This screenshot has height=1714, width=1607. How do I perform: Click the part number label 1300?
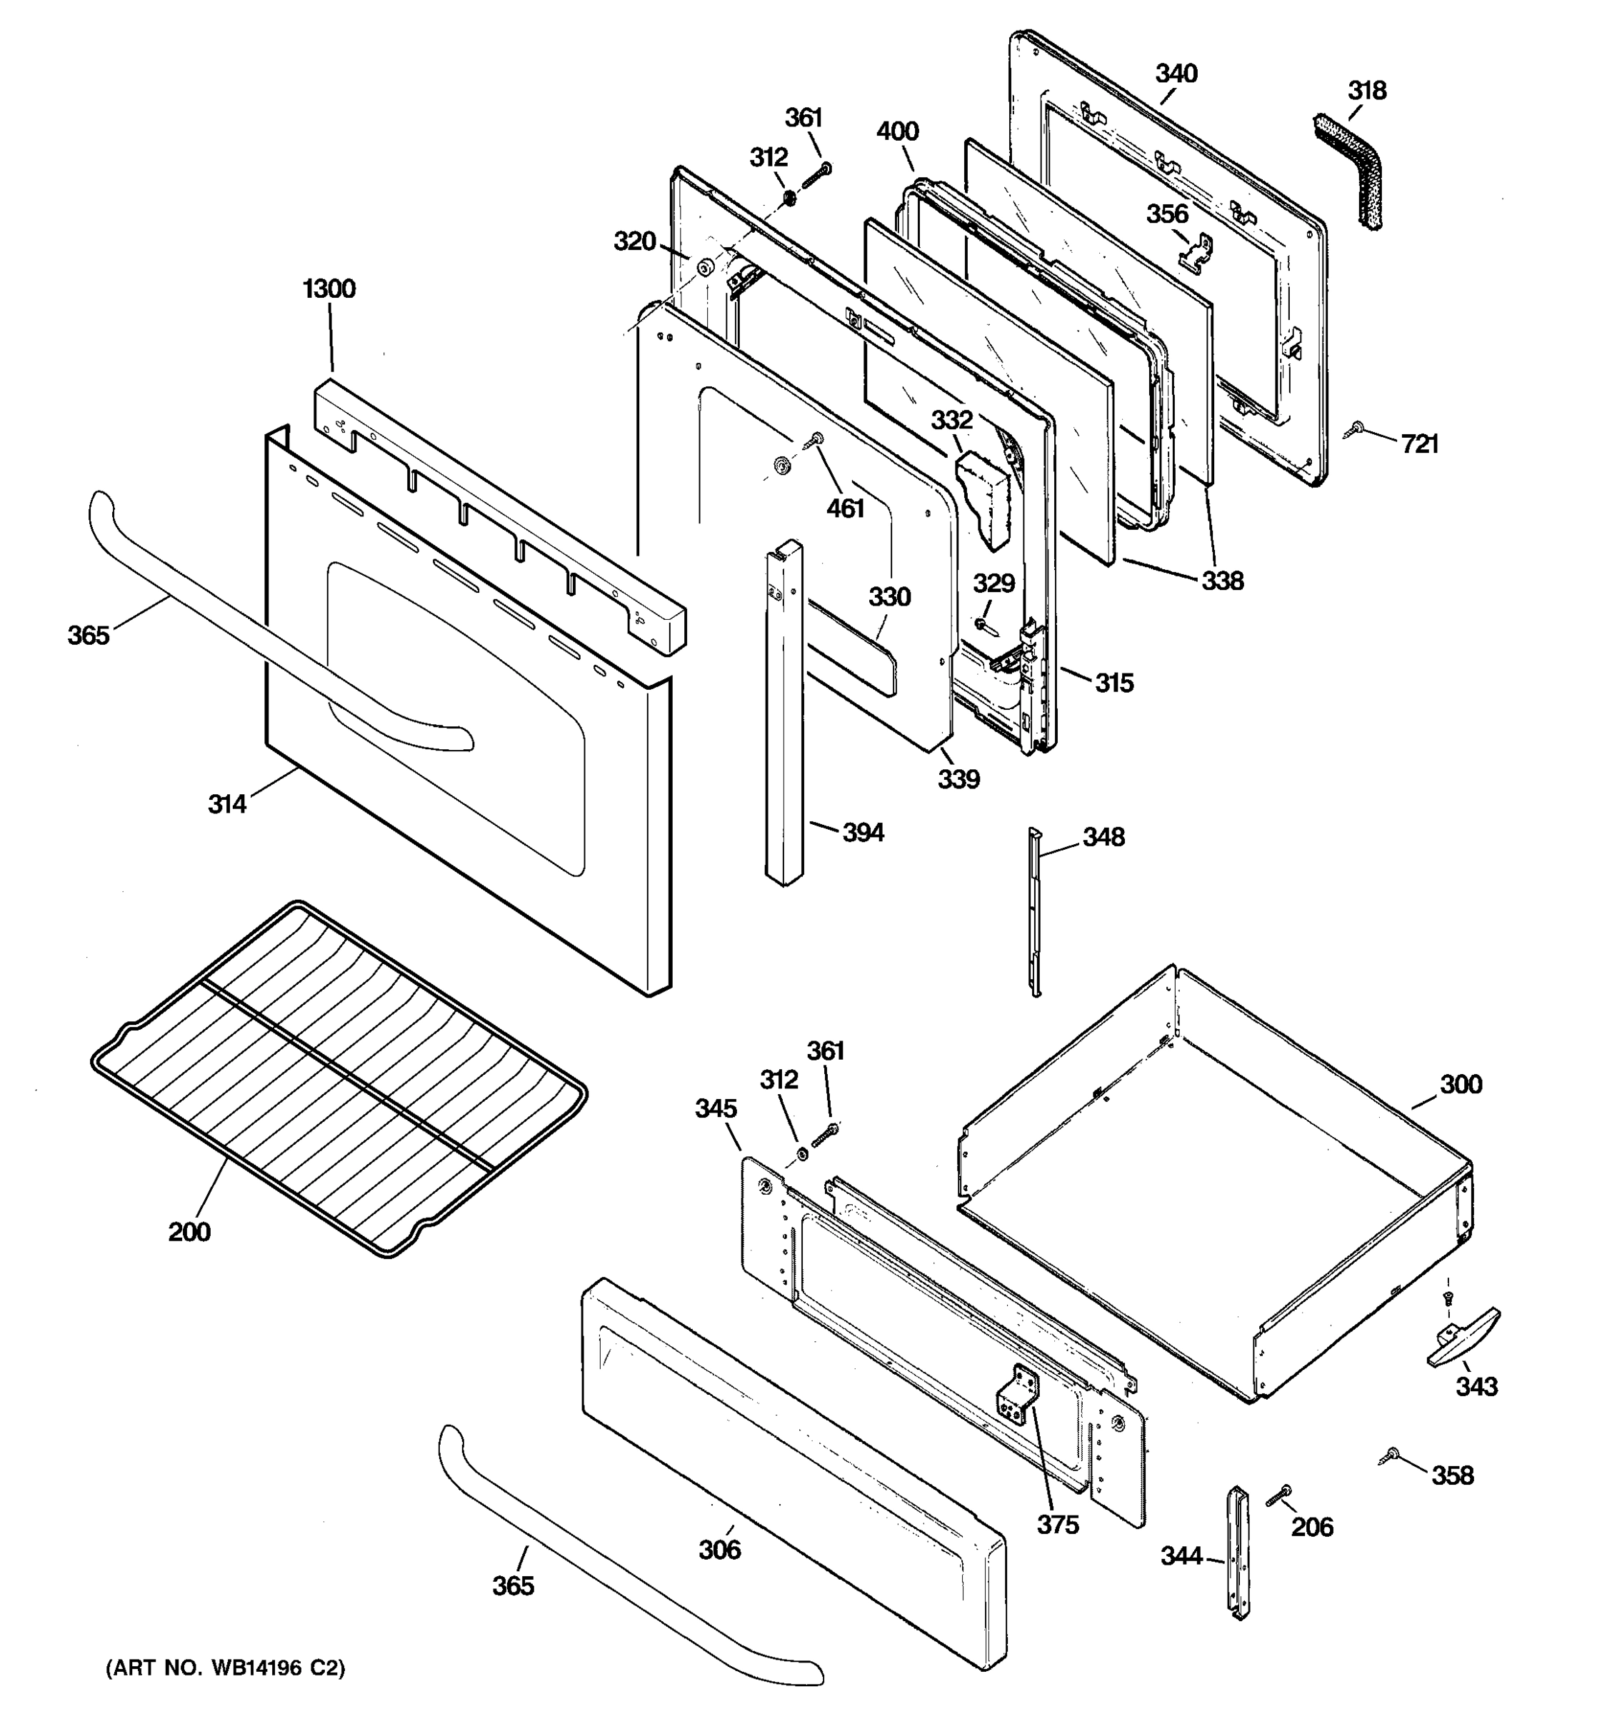tap(329, 289)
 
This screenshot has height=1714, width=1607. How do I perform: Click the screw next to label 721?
tap(1357, 428)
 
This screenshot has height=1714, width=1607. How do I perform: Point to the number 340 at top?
tap(1176, 74)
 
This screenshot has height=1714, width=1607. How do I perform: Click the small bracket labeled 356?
tap(1199, 252)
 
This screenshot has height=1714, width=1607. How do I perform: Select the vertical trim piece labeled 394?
tap(784, 716)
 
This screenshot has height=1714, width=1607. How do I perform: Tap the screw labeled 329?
tap(983, 624)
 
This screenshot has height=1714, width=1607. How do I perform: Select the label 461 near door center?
tap(845, 508)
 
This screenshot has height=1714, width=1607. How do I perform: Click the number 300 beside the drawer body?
tap(1461, 1085)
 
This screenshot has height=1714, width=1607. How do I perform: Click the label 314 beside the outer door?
tap(226, 804)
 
